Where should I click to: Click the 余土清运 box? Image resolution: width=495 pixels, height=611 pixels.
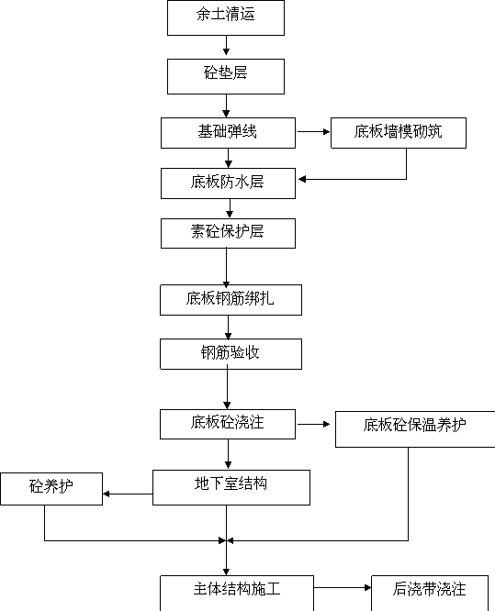(226, 18)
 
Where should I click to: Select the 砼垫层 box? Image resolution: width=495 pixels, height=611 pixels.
(226, 76)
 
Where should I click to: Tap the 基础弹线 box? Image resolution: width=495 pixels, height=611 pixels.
(228, 133)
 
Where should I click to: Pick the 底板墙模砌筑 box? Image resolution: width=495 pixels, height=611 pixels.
(399, 133)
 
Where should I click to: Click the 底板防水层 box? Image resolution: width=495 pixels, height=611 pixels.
(228, 183)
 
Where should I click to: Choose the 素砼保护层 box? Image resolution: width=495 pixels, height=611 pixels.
(228, 233)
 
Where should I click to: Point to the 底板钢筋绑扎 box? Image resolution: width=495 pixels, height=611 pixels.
(231, 300)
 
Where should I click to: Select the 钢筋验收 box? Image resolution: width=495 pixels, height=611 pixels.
(231, 354)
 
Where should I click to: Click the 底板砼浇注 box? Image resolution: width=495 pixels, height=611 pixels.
(228, 424)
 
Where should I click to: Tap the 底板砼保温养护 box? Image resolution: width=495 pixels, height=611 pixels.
(415, 429)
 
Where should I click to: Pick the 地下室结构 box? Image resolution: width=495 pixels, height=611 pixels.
(231, 487)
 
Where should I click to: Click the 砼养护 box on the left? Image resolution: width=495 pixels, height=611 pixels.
(51, 489)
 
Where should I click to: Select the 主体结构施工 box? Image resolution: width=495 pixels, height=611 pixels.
(237, 593)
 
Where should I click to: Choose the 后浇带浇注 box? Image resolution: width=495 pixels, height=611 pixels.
(430, 593)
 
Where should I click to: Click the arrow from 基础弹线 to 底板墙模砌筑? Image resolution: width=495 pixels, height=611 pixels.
(313, 132)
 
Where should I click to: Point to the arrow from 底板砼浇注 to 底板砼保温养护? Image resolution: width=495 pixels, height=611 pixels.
(313, 424)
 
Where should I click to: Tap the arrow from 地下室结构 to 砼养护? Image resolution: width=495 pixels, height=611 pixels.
(128, 494)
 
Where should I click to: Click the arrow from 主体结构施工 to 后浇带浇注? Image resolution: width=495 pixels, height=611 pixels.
(343, 587)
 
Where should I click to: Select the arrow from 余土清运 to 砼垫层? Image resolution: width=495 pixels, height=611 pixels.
(226, 45)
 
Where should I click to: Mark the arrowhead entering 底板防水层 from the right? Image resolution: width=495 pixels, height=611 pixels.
(302, 179)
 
